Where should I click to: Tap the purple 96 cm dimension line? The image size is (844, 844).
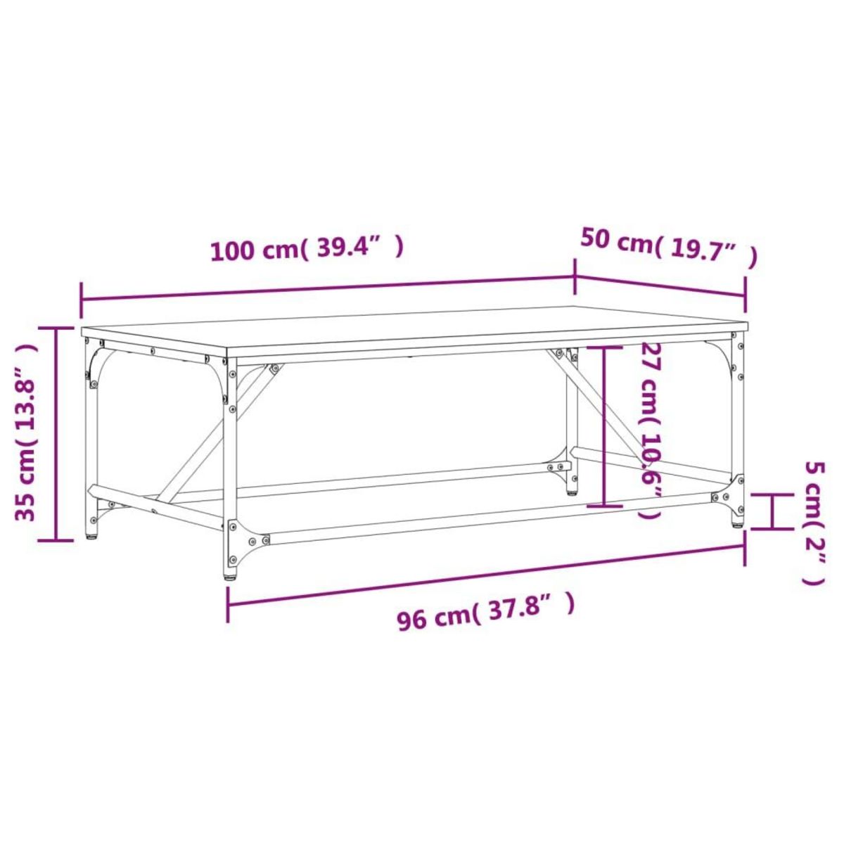tap(485, 575)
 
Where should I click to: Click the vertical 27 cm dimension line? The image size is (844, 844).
tap(604, 426)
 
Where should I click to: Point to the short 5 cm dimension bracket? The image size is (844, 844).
tap(772, 511)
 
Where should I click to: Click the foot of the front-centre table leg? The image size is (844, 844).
tap(231, 575)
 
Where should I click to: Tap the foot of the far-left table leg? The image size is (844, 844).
tap(91, 536)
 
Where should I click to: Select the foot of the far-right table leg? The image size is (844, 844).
tap(736, 523)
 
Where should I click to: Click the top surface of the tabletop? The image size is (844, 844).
tap(415, 328)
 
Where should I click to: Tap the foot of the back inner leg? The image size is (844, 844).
tap(571, 490)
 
